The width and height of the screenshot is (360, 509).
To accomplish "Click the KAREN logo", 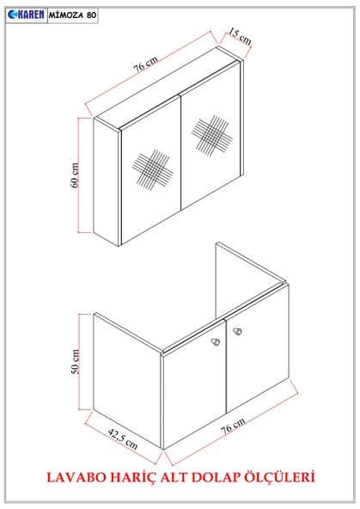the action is pyautogui.click(x=27, y=15).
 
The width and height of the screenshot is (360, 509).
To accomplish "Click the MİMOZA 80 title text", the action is pyautogui.click(x=73, y=15).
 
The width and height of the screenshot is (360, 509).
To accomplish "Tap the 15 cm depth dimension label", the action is pyautogui.click(x=240, y=36).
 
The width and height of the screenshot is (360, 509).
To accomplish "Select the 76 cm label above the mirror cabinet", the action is pyautogui.click(x=146, y=64).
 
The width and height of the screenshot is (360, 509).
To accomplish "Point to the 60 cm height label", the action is pyautogui.click(x=74, y=175).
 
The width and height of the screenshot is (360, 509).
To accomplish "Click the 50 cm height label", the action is pyautogui.click(x=75, y=362).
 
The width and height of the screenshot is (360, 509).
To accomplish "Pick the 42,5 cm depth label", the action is pyautogui.click(x=123, y=438).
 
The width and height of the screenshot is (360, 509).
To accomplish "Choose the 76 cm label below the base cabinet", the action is pyautogui.click(x=233, y=426).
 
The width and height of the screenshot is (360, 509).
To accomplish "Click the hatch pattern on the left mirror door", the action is pyautogui.click(x=152, y=170).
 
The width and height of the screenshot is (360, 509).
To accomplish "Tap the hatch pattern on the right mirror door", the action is pyautogui.click(x=211, y=135).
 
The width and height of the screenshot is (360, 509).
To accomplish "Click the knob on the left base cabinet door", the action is pyautogui.click(x=216, y=342).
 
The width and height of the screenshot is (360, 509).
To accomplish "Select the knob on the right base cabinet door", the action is pyautogui.click(x=237, y=331).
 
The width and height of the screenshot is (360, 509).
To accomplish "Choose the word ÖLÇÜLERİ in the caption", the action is pyautogui.click(x=279, y=476).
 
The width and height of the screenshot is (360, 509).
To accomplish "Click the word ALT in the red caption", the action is pyautogui.click(x=174, y=477).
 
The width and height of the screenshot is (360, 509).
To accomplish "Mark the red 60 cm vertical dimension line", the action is pyautogui.click(x=79, y=175).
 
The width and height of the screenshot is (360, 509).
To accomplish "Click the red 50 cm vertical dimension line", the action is pyautogui.click(x=79, y=362).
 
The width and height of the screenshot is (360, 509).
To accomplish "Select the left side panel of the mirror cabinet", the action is pyautogui.click(x=106, y=181).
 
